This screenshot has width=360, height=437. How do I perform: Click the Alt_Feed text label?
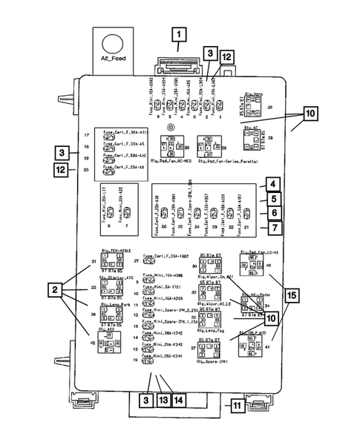tap(117, 62)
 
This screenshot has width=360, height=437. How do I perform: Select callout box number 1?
tap(178, 33)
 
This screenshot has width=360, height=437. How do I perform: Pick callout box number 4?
tap(273, 184)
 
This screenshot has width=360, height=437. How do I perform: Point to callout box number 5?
tap(273, 199)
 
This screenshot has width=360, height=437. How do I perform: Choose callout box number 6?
tap(273, 213)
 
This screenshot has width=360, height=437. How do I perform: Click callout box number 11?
tap(235, 406)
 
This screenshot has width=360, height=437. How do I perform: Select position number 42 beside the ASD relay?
tap(94, 342)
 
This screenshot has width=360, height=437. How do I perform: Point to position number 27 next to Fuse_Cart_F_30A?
tap(136, 261)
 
